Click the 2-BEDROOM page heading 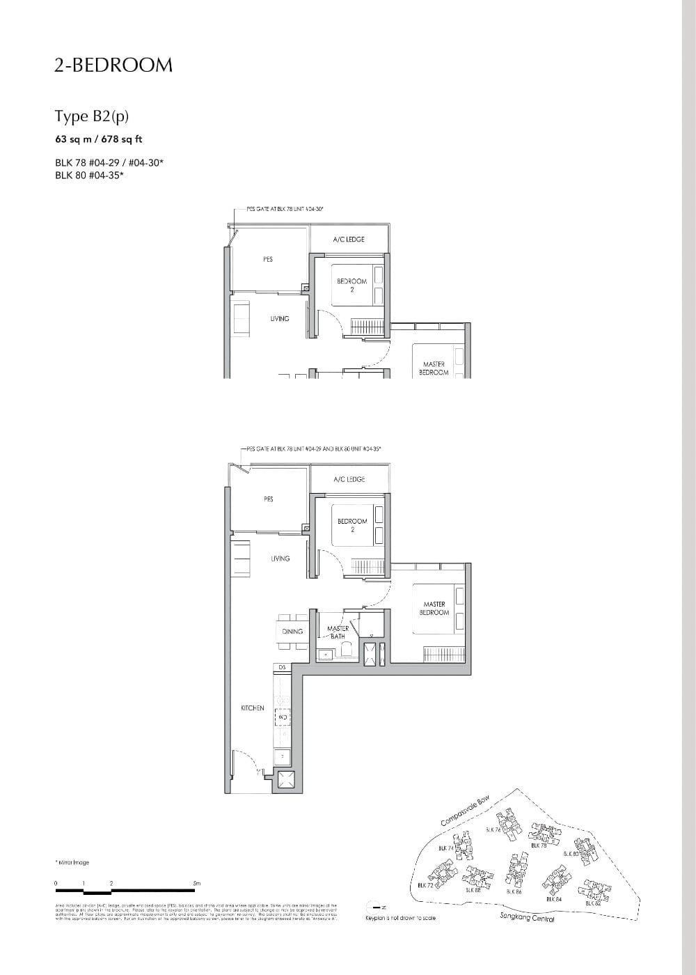click(113, 65)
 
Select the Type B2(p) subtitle click(92, 116)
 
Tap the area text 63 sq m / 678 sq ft click(99, 139)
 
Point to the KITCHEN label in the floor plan click(253, 708)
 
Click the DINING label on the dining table click(293, 632)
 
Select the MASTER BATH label click(338, 632)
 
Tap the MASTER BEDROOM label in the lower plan click(434, 609)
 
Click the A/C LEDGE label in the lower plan click(349, 480)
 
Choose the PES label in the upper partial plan click(268, 259)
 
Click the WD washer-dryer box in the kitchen click(283, 717)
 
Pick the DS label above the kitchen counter click(282, 668)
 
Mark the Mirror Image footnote click(72, 863)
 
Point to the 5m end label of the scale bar click(197, 884)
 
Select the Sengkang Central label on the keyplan click(527, 918)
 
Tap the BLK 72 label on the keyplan click(425, 886)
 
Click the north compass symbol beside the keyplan click(376, 907)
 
